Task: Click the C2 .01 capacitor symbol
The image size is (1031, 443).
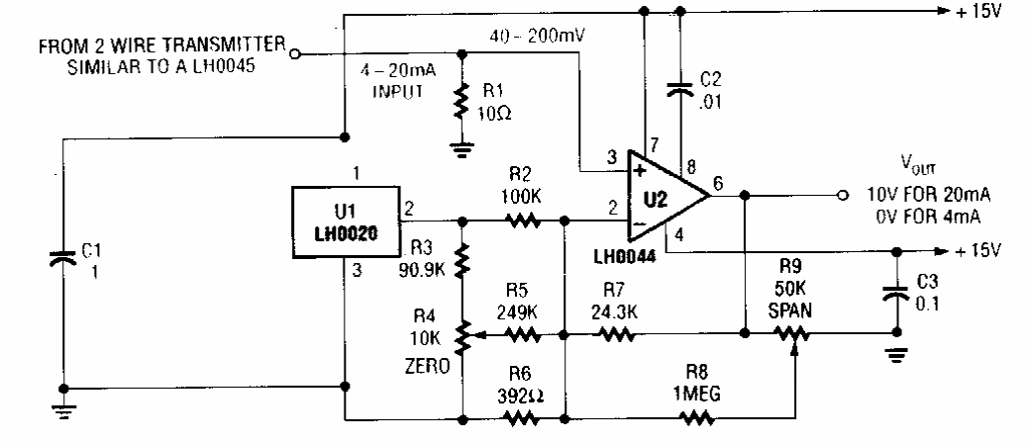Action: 679,89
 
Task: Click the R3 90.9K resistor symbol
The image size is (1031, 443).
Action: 463,259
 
